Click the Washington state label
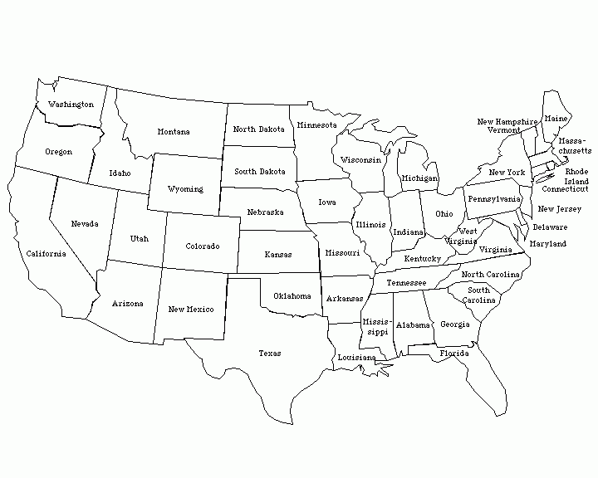(71, 105)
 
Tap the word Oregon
(58, 152)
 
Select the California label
(46, 254)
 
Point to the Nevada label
(84, 224)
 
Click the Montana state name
(174, 132)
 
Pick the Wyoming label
(185, 189)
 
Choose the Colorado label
(203, 246)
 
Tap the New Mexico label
(190, 310)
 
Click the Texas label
(269, 354)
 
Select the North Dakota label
(258, 129)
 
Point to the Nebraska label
(266, 212)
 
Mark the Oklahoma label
(292, 296)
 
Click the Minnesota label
(317, 125)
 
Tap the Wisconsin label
(361, 159)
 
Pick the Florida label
(454, 354)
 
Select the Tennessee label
(406, 283)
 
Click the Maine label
(556, 119)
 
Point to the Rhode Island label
(576, 177)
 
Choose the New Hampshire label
(507, 121)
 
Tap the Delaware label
(550, 227)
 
